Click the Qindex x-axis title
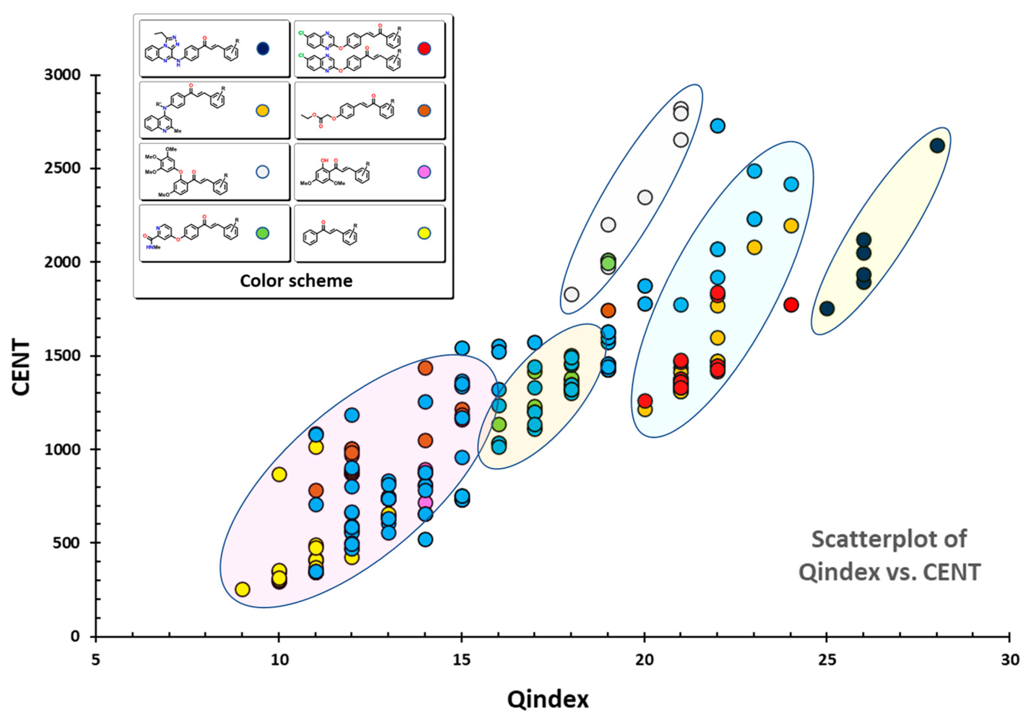(x=548, y=699)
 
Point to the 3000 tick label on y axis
(x=63, y=75)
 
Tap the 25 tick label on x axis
(x=826, y=659)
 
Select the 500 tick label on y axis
(x=67, y=543)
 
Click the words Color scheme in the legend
(x=296, y=281)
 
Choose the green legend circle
(x=263, y=233)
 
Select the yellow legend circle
(x=424, y=233)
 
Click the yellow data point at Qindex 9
(x=242, y=589)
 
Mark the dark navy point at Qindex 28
(x=937, y=146)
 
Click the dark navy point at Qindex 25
(x=827, y=308)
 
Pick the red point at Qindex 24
(x=791, y=305)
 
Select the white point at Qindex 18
(x=571, y=294)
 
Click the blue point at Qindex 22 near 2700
(x=717, y=126)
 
